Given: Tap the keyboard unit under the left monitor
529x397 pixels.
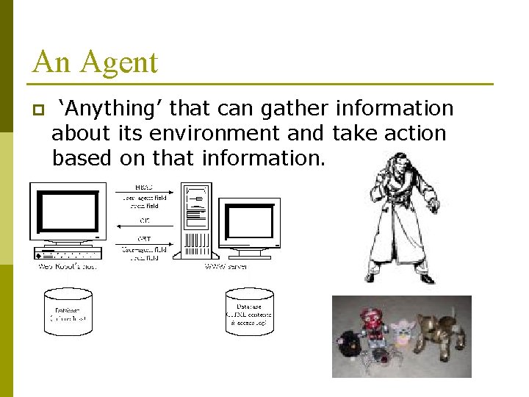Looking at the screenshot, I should (x=67, y=254).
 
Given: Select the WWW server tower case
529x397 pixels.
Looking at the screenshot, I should (x=198, y=221).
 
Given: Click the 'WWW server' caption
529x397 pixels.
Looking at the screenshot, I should (x=226, y=266).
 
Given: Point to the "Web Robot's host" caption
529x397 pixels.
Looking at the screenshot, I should (x=68, y=266).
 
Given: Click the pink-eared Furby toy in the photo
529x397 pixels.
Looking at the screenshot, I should (x=403, y=333).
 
